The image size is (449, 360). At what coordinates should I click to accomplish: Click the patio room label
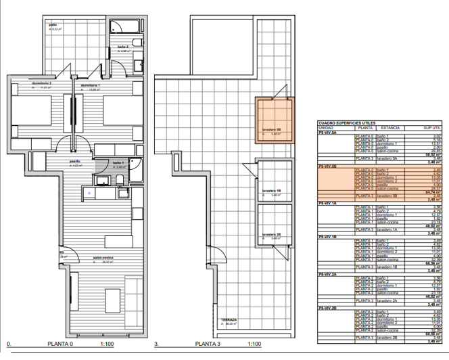[52, 25]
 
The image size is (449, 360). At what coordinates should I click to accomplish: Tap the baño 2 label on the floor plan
[122, 47]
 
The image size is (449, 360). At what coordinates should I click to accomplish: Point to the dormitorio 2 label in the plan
[41, 83]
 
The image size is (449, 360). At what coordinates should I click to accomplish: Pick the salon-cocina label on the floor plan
[84, 257]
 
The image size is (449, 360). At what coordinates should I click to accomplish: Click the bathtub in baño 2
[128, 26]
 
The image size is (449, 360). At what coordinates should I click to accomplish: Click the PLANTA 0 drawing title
[62, 344]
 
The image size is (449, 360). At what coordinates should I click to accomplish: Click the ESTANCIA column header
[390, 127]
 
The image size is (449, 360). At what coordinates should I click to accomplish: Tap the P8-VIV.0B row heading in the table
[328, 166]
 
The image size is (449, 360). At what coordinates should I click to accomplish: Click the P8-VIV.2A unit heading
[328, 273]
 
